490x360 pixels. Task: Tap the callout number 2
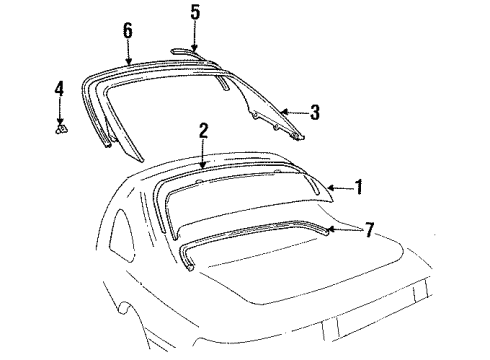(203, 130)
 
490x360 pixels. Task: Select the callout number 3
(314, 113)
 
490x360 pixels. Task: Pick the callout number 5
(195, 13)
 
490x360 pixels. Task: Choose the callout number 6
(128, 30)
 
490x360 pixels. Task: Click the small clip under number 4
(60, 128)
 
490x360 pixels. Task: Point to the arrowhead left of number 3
(284, 112)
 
